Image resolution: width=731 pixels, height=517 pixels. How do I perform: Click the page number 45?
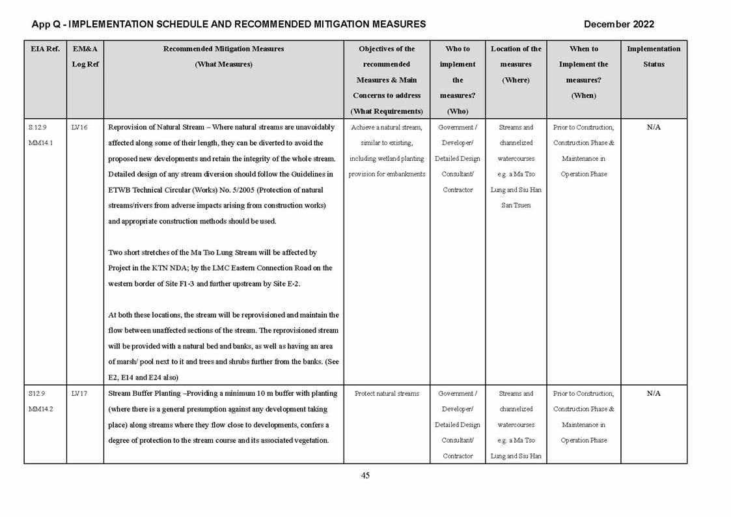point(365,475)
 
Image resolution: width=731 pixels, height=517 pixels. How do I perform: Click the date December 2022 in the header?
point(618,24)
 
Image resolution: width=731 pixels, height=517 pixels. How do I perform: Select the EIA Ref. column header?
point(44,49)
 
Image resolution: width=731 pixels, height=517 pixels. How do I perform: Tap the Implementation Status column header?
point(654,57)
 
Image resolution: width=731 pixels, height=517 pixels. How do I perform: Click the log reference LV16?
point(79,128)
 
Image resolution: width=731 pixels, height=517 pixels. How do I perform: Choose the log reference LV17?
point(79,394)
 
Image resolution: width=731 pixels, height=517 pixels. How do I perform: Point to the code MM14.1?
point(40,143)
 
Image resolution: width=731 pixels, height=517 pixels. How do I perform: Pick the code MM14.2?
point(40,410)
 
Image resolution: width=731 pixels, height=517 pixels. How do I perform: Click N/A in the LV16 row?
point(654,128)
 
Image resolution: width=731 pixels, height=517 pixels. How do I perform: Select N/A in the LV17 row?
point(654,394)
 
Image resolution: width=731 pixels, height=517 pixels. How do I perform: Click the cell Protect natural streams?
point(387,394)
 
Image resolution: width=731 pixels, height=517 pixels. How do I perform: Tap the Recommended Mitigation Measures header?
point(223,49)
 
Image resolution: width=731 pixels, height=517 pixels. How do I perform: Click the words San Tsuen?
point(516,206)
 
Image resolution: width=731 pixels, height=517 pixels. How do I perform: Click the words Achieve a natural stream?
point(387,128)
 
